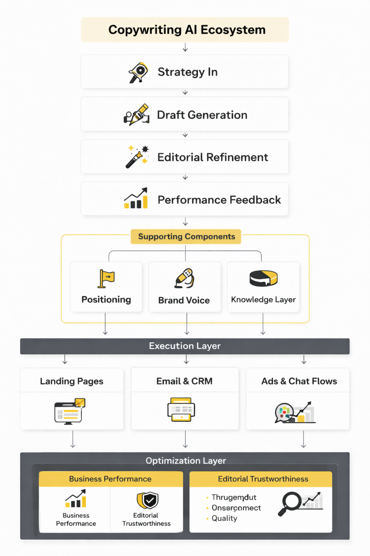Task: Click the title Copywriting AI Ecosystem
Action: [187, 30]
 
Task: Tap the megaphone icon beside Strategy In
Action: [138, 72]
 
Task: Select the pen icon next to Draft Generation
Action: [137, 115]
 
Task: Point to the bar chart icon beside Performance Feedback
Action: [136, 198]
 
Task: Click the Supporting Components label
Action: [186, 236]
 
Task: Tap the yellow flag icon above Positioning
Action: [106, 278]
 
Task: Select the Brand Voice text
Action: [184, 300]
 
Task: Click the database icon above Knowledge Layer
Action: [263, 278]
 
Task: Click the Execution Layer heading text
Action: [185, 346]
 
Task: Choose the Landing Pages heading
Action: [72, 381]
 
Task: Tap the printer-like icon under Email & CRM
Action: [181, 409]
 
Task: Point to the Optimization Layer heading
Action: [186, 460]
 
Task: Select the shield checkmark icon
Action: [148, 500]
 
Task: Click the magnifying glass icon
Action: [289, 503]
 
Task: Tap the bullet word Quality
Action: [224, 518]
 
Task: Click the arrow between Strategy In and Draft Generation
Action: [185, 93]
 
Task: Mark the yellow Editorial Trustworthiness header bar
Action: [261, 479]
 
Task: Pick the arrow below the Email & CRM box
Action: [185, 439]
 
